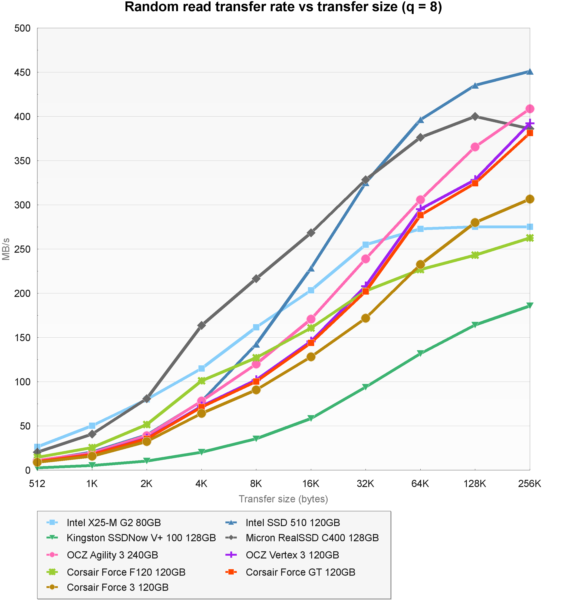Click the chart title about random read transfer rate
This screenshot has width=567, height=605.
(283, 7)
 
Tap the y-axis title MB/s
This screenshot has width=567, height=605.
(6, 249)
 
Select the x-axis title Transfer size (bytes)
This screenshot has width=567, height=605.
(283, 499)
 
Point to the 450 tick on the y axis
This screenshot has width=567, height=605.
(23, 72)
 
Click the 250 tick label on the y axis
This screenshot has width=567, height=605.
(23, 249)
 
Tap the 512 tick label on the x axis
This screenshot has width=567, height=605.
(37, 484)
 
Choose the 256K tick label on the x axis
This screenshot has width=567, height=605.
(530, 484)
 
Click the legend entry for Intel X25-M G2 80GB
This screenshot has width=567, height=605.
(114, 523)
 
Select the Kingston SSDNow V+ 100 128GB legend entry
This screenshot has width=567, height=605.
(141, 538)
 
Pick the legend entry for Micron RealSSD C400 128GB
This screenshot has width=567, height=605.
(312, 538)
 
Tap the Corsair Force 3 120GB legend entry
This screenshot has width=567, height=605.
(118, 587)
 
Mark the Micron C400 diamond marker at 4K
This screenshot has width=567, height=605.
(201, 325)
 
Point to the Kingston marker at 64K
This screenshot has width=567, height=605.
(420, 353)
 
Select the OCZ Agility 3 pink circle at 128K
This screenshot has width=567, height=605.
(475, 147)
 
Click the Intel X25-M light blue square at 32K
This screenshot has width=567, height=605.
(366, 245)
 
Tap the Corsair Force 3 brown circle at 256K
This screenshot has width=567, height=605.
(530, 199)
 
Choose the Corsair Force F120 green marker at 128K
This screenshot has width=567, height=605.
(475, 255)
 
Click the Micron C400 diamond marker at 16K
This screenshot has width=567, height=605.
(311, 233)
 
